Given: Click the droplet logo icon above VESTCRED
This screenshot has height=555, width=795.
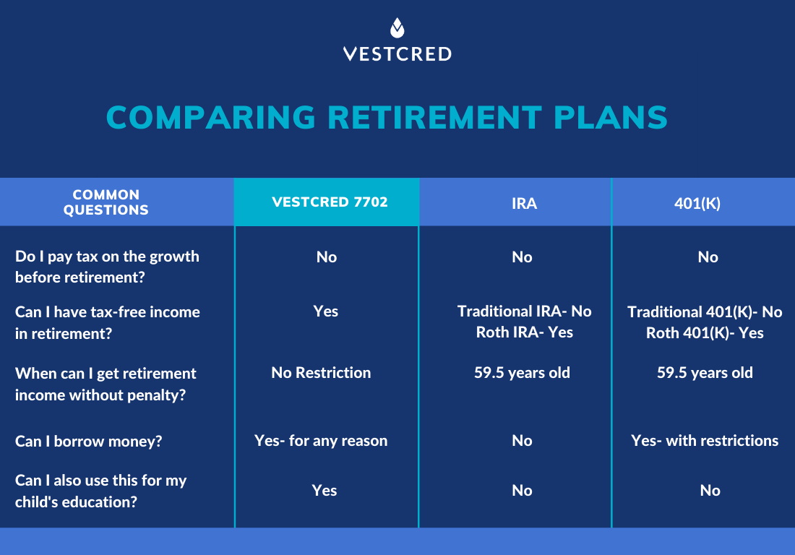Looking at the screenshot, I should tap(397, 28).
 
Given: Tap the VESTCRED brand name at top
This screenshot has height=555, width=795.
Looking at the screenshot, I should tap(397, 54).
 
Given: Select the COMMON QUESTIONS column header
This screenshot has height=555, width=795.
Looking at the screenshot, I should tap(106, 202).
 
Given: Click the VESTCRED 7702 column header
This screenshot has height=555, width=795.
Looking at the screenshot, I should tap(326, 202).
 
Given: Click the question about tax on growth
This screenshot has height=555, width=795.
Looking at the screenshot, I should tap(107, 267).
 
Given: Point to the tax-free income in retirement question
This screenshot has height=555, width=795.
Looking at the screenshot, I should tap(107, 322).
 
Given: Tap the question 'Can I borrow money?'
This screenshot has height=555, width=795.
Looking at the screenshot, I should tap(88, 442).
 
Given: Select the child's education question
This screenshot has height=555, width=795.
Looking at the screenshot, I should tap(100, 491).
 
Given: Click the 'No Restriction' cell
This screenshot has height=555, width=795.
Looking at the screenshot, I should tap(321, 373).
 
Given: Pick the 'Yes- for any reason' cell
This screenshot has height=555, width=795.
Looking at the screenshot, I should tap(321, 441).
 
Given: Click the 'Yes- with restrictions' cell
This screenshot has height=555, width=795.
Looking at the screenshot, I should tap(705, 441).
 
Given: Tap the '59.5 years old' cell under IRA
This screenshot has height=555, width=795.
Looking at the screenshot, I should tap(522, 373).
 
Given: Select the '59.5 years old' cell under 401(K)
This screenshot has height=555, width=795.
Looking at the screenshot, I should tap(705, 373).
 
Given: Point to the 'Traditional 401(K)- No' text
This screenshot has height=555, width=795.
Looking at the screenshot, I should tap(705, 312).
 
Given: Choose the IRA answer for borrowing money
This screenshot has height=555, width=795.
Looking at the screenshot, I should tap(522, 441).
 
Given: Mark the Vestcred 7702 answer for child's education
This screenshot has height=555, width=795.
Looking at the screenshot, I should tap(325, 490).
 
